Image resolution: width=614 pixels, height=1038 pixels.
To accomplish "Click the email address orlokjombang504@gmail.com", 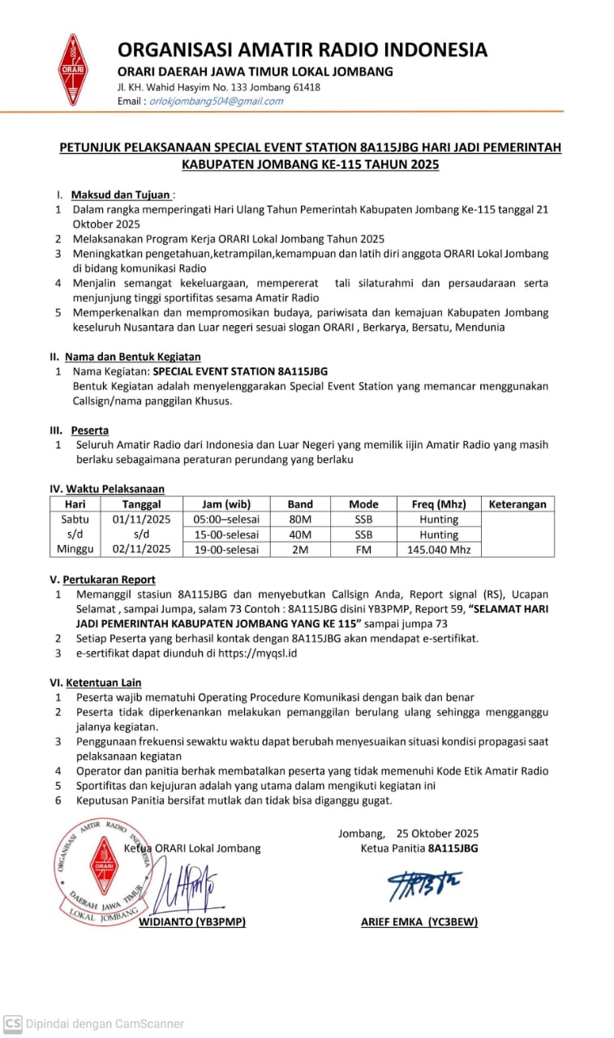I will (217, 101).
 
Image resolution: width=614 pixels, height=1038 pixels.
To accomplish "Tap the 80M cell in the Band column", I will (300, 519).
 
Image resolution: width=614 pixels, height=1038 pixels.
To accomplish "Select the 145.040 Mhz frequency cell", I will (439, 550).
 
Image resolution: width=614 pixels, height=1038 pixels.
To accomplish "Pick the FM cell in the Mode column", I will (363, 550).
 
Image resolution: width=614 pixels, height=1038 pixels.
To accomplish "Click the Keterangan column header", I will (517, 504).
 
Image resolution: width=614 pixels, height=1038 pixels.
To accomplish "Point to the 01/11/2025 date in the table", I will (142, 519).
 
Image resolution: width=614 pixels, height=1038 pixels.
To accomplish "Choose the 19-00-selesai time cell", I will (221, 550).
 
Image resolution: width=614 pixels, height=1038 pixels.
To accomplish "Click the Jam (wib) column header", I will (221, 504).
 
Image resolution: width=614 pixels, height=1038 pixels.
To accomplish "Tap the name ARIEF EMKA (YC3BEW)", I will (419, 922).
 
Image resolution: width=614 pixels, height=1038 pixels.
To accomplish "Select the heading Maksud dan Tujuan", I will (121, 195).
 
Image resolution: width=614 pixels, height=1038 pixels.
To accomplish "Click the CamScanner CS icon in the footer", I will (12, 1023).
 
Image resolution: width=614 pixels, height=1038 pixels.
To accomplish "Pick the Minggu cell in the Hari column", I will (75, 550).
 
